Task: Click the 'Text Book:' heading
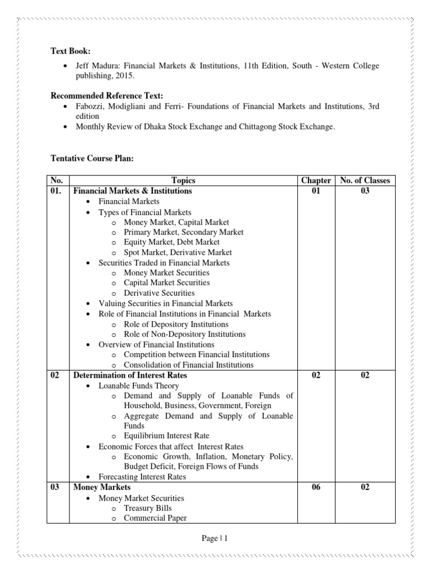pyautogui.click(x=71, y=52)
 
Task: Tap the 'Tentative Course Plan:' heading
pyautogui.click(x=92, y=159)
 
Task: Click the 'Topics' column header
pyautogui.click(x=184, y=180)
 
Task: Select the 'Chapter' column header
pyautogui.click(x=316, y=180)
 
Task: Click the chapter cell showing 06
pyautogui.click(x=316, y=487)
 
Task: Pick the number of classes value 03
pyautogui.click(x=364, y=191)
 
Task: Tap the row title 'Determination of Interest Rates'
pyautogui.click(x=130, y=375)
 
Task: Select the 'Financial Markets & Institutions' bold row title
pyautogui.click(x=133, y=191)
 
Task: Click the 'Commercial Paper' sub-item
pyautogui.click(x=155, y=518)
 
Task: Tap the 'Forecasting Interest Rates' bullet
pyautogui.click(x=142, y=477)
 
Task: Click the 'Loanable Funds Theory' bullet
pyautogui.click(x=139, y=386)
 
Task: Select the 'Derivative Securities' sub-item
pyautogui.click(x=159, y=293)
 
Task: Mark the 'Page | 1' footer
pyautogui.click(x=215, y=538)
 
